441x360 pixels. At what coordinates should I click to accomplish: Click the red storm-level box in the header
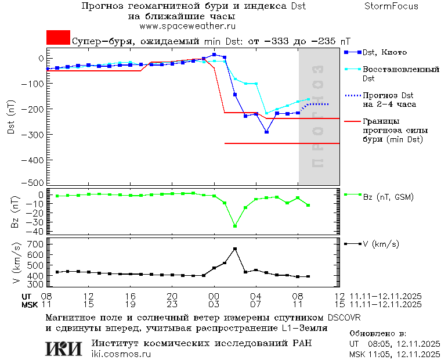58,37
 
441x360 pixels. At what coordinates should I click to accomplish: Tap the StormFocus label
391,6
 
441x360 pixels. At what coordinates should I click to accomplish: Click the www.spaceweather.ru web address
187,26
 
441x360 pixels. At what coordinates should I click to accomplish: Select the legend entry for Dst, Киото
384,53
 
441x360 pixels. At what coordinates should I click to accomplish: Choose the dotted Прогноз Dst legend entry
388,99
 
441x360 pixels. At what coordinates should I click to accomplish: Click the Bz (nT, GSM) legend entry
387,197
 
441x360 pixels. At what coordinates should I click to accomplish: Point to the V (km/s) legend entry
380,244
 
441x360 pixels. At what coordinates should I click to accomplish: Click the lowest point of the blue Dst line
266,132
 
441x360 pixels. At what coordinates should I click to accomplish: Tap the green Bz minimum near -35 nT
235,226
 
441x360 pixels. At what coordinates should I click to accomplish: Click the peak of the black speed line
235,249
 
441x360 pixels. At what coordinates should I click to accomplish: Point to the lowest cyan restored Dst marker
266,114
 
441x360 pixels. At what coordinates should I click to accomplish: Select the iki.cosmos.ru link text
121,354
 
